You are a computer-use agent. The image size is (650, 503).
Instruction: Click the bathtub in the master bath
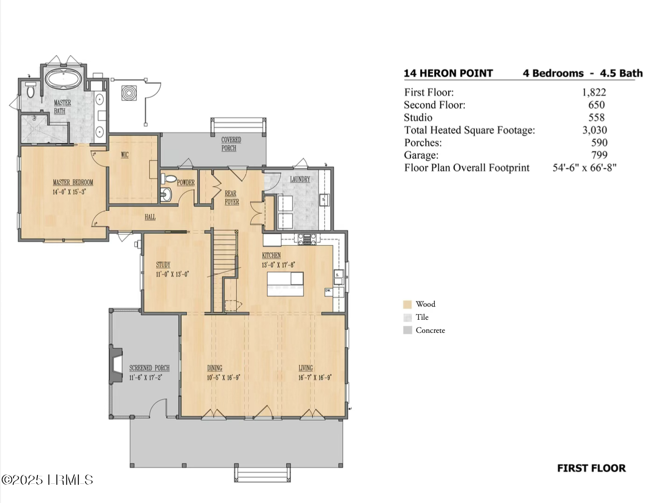pyautogui.click(x=63, y=79)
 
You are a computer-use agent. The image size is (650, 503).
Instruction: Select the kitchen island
pyautogui.click(x=285, y=284)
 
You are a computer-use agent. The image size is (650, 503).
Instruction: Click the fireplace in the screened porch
pyautogui.click(x=115, y=364)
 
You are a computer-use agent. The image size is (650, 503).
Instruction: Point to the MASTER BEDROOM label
pyautogui.click(x=73, y=182)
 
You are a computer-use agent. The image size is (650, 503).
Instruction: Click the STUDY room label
pyautogui.click(x=163, y=265)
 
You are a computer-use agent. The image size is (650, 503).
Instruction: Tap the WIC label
pyautogui.click(x=125, y=155)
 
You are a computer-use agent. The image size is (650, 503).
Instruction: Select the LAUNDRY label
pyautogui.click(x=300, y=179)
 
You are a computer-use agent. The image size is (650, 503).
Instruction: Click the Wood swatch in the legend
pyautogui.click(x=407, y=304)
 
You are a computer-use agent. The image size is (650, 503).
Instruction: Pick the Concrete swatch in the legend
pyautogui.click(x=407, y=330)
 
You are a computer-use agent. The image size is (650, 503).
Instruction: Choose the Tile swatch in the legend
pyautogui.click(x=407, y=317)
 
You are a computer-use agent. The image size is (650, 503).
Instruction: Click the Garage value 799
pyautogui.click(x=599, y=155)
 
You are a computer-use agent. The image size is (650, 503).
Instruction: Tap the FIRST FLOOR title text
pyautogui.click(x=591, y=468)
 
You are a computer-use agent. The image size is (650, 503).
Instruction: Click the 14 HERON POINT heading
pyautogui.click(x=448, y=73)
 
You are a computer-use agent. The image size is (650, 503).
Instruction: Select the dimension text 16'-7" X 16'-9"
pyautogui.click(x=315, y=378)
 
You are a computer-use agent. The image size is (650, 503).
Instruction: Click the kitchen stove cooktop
pyautogui.click(x=307, y=239)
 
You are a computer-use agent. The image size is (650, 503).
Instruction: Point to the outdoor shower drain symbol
pyautogui.click(x=129, y=93)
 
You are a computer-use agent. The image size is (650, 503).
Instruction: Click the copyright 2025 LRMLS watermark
pyautogui.click(x=47, y=480)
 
